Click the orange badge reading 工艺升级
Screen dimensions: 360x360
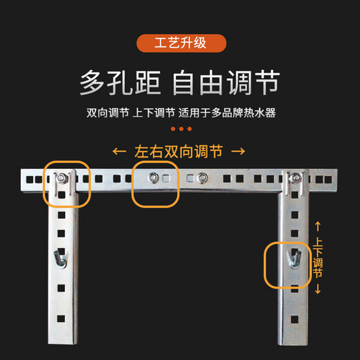[x=181, y=43]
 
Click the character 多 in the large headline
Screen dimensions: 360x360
[x=92, y=82]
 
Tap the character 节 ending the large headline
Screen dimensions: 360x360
[x=267, y=82]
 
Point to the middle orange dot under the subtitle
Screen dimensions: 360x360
[x=181, y=129]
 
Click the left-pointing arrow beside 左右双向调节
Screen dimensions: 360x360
[x=119, y=152]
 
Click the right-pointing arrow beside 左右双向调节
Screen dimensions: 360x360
[x=238, y=152]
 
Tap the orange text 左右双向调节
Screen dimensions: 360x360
[x=179, y=152]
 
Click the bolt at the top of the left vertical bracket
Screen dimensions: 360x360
[x=61, y=178]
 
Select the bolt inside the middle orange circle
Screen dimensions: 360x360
[x=153, y=178]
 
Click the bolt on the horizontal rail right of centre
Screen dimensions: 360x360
[x=202, y=178]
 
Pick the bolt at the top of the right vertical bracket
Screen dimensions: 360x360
[x=296, y=178]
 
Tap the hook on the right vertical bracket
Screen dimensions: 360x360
[x=294, y=259]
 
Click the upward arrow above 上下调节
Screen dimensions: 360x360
[x=318, y=226]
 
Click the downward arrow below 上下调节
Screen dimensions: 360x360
[x=318, y=289]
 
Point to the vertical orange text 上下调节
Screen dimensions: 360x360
[x=318, y=258]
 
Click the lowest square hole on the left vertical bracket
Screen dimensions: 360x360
[x=61, y=319]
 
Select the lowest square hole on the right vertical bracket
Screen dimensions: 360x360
[x=295, y=320]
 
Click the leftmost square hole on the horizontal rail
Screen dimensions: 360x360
[x=30, y=179]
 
